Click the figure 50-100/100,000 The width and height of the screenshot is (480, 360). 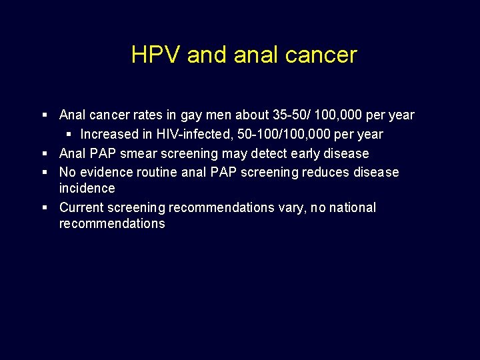click(x=279, y=135)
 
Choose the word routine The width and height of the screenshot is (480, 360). click(x=157, y=173)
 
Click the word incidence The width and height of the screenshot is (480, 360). click(x=87, y=189)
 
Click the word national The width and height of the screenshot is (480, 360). click(x=351, y=208)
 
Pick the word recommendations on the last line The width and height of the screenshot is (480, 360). click(x=112, y=224)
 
